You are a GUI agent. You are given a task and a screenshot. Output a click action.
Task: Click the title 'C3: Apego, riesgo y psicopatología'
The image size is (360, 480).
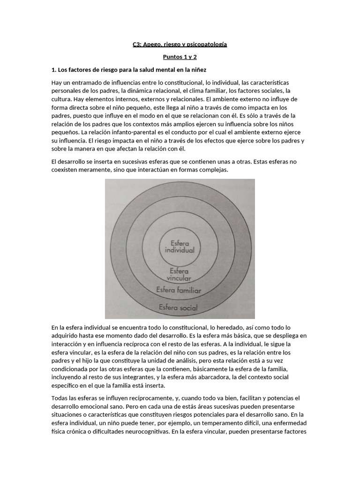click(x=180, y=45)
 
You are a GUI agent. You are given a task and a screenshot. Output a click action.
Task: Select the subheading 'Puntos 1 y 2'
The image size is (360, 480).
click(x=180, y=57)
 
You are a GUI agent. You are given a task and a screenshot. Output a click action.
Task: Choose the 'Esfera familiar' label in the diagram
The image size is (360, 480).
click(x=179, y=290)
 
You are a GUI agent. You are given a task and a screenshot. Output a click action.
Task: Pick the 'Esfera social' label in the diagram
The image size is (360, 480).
click(x=178, y=308)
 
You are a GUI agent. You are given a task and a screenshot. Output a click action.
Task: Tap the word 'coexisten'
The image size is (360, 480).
click(x=66, y=170)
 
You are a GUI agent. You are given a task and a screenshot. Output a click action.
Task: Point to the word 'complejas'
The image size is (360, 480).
click(x=212, y=170)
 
